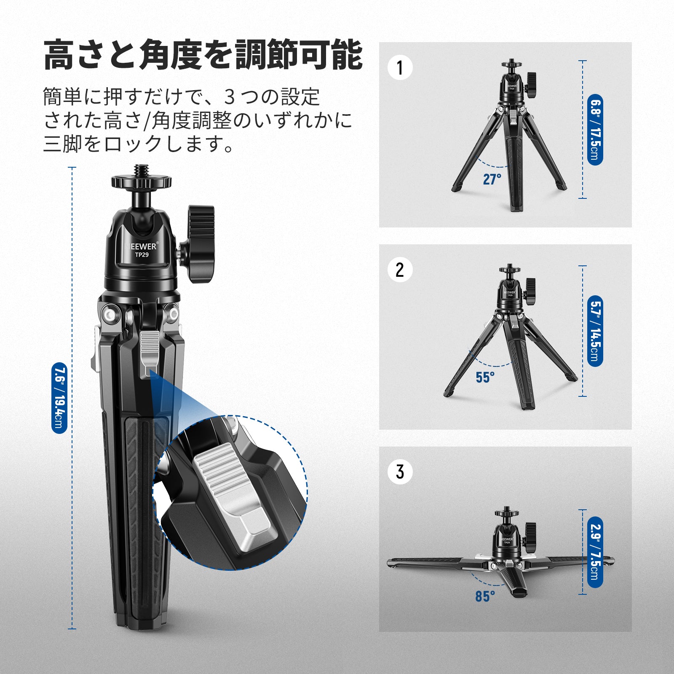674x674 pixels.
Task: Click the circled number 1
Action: coord(400,68)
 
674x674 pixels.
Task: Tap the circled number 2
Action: coord(400,270)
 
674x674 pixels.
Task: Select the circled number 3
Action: coord(400,472)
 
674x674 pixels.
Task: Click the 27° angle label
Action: coord(492,179)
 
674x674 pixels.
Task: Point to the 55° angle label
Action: coord(485,377)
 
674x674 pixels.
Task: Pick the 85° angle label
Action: coord(485,596)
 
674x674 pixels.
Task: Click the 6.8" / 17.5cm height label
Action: coord(595,130)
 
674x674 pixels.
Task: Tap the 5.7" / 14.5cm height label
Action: coord(595,331)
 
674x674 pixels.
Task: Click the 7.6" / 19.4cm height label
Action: coord(59,398)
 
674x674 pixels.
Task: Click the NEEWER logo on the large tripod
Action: coord(142,246)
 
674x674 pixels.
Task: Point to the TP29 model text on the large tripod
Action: coord(142,255)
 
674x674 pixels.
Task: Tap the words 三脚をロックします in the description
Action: coord(139,144)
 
